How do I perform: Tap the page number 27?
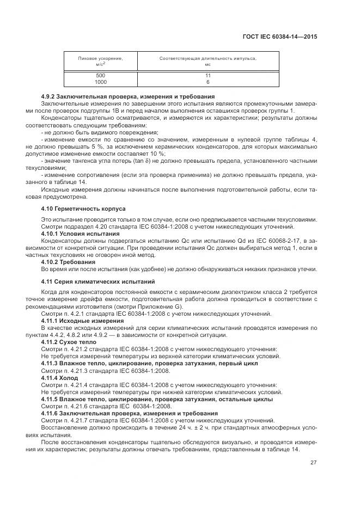[313, 463]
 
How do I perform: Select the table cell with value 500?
[100, 75]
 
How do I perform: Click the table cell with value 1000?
[100, 82]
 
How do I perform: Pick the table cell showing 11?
[208, 75]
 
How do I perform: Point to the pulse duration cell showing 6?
[208, 82]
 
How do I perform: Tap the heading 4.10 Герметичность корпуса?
[83, 208]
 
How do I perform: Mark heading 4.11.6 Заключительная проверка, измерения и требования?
[130, 413]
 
